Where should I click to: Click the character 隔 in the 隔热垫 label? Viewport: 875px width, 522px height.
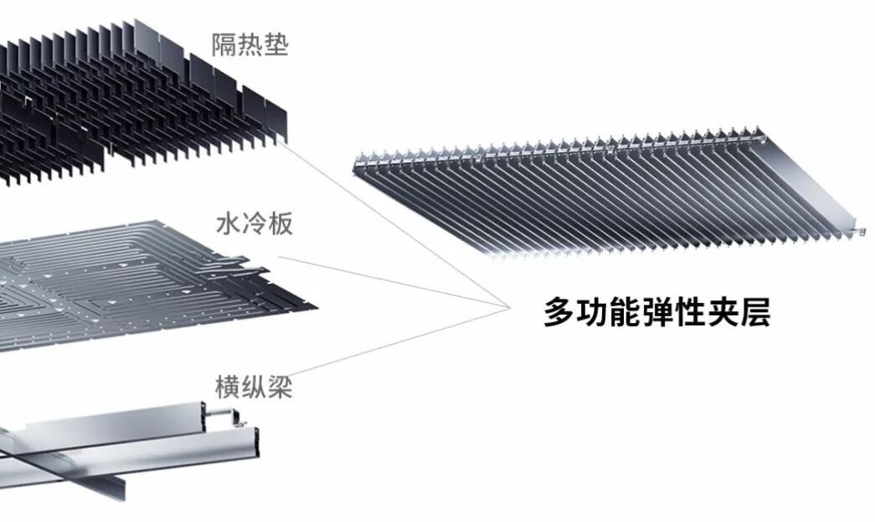[224, 44]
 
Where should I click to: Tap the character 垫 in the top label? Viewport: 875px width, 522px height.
[275, 44]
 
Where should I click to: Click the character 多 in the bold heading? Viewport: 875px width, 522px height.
[558, 313]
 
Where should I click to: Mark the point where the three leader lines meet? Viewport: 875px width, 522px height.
[507, 307]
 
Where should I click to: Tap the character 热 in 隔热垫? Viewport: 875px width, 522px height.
[250, 44]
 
